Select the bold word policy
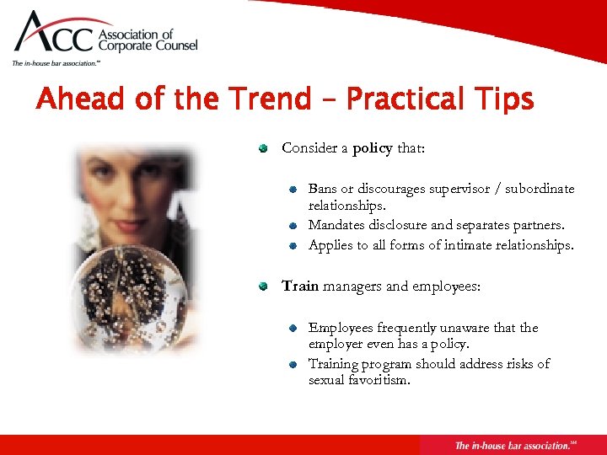(372, 148)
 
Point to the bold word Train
(300, 286)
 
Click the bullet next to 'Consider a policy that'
(264, 149)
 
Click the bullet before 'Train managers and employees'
(264, 287)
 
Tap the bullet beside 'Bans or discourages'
(291, 190)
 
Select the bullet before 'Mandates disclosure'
(291, 226)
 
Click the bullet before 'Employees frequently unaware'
(291, 328)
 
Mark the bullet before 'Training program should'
(291, 364)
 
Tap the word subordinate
(539, 189)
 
